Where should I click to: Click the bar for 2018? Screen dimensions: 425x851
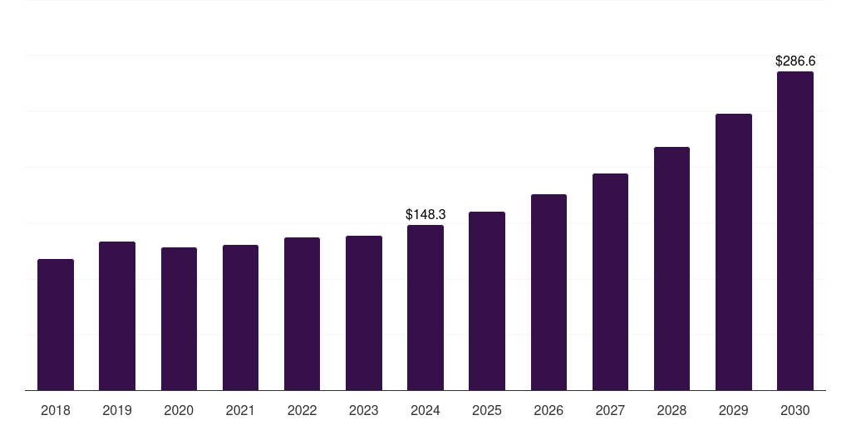point(56,325)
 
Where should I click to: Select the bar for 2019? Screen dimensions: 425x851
point(117,315)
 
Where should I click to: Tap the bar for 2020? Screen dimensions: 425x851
point(179,319)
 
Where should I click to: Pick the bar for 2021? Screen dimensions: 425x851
point(240,317)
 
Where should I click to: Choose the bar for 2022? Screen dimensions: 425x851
point(302,314)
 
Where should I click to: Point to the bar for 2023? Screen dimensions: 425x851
point(364,313)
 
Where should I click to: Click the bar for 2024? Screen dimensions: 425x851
point(425,307)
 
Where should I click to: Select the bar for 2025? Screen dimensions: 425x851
point(487,300)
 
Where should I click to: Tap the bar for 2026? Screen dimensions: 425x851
point(548,292)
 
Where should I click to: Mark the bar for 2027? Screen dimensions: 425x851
point(610,281)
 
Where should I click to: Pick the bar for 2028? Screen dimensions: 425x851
point(671,268)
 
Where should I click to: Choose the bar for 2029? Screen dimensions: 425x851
point(734,252)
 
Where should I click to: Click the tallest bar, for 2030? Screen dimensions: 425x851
point(795,231)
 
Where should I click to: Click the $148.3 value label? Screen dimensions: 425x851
point(425,214)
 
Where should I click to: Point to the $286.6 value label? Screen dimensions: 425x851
point(795,61)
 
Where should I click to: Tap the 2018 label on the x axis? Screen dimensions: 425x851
point(56,410)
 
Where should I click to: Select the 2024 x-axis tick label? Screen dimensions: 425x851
point(425,410)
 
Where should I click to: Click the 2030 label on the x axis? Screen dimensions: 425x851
point(795,410)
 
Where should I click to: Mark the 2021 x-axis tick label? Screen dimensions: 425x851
point(240,410)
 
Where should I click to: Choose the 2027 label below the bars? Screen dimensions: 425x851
point(610,410)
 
